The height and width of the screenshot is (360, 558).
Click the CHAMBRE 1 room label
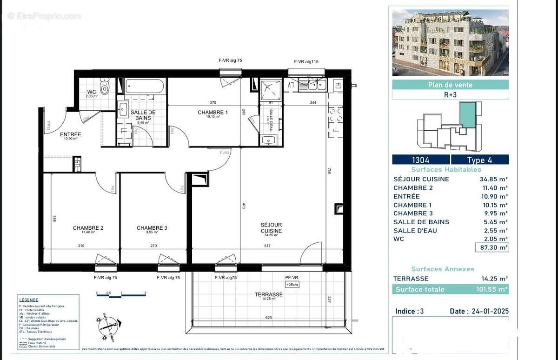pyautogui.click(x=213, y=113)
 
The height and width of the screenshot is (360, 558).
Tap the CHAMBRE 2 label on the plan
pyautogui.click(x=88, y=228)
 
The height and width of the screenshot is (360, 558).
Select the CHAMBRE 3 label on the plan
pyautogui.click(x=152, y=228)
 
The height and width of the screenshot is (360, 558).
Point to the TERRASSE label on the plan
pyautogui.click(x=268, y=294)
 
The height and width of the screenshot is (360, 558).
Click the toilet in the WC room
pyautogui.click(x=105, y=87)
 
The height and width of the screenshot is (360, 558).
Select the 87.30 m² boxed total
pyautogui.click(x=492, y=247)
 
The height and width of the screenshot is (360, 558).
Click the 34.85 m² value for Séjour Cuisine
pyautogui.click(x=493, y=179)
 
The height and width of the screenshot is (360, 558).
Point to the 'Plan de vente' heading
pyautogui.click(x=450, y=85)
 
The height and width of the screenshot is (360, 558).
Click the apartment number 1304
pyautogui.click(x=420, y=160)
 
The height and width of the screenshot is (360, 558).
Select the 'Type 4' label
pyautogui.click(x=479, y=160)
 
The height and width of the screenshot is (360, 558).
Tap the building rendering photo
pyautogui.click(x=450, y=43)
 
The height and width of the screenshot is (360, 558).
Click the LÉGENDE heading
pyautogui.click(x=29, y=300)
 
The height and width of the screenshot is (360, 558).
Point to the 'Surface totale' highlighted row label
pyautogui.click(x=419, y=289)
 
